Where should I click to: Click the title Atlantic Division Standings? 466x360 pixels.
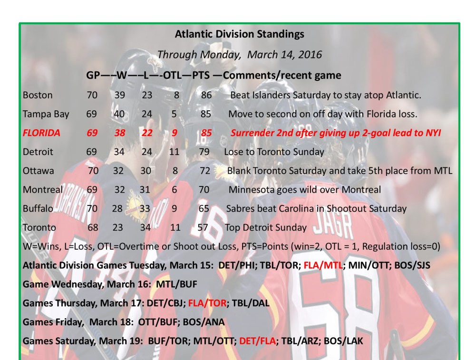239,34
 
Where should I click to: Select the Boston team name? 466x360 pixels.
38,95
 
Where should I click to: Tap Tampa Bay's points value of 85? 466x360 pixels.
206,114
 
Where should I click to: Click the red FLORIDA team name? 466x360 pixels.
41,133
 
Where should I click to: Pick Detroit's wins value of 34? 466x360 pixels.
120,152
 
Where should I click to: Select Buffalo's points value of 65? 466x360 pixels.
204,208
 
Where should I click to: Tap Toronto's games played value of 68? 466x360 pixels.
93,227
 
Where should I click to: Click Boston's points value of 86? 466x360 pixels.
206,95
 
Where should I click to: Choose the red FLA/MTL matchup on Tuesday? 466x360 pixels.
323,265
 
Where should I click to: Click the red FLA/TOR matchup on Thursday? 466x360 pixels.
207,303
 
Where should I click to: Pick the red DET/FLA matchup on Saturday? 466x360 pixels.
258,341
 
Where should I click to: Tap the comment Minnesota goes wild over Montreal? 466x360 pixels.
304,190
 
